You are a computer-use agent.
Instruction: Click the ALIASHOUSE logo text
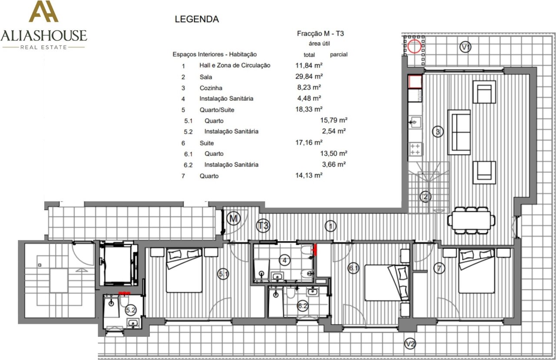click(44, 36)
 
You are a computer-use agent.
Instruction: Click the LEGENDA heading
click(197, 19)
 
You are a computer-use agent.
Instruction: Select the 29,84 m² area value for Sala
click(309, 76)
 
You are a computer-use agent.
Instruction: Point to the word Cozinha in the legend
click(211, 88)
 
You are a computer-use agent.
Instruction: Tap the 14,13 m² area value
click(309, 175)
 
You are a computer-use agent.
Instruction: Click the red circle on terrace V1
click(414, 46)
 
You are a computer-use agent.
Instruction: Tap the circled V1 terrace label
click(465, 47)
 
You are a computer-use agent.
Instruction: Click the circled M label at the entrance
click(233, 219)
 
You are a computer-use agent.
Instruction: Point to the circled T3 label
click(263, 226)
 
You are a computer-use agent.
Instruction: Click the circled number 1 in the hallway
click(331, 226)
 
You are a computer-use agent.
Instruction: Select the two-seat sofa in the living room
click(459, 132)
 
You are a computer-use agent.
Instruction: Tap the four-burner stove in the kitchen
click(415, 149)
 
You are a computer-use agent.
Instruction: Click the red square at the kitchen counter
click(415, 82)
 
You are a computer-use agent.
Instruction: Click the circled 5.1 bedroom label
click(223, 274)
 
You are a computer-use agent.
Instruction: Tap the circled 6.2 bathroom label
click(303, 306)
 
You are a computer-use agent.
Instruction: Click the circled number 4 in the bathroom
click(285, 260)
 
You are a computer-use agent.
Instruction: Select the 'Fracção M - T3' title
click(320, 33)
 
